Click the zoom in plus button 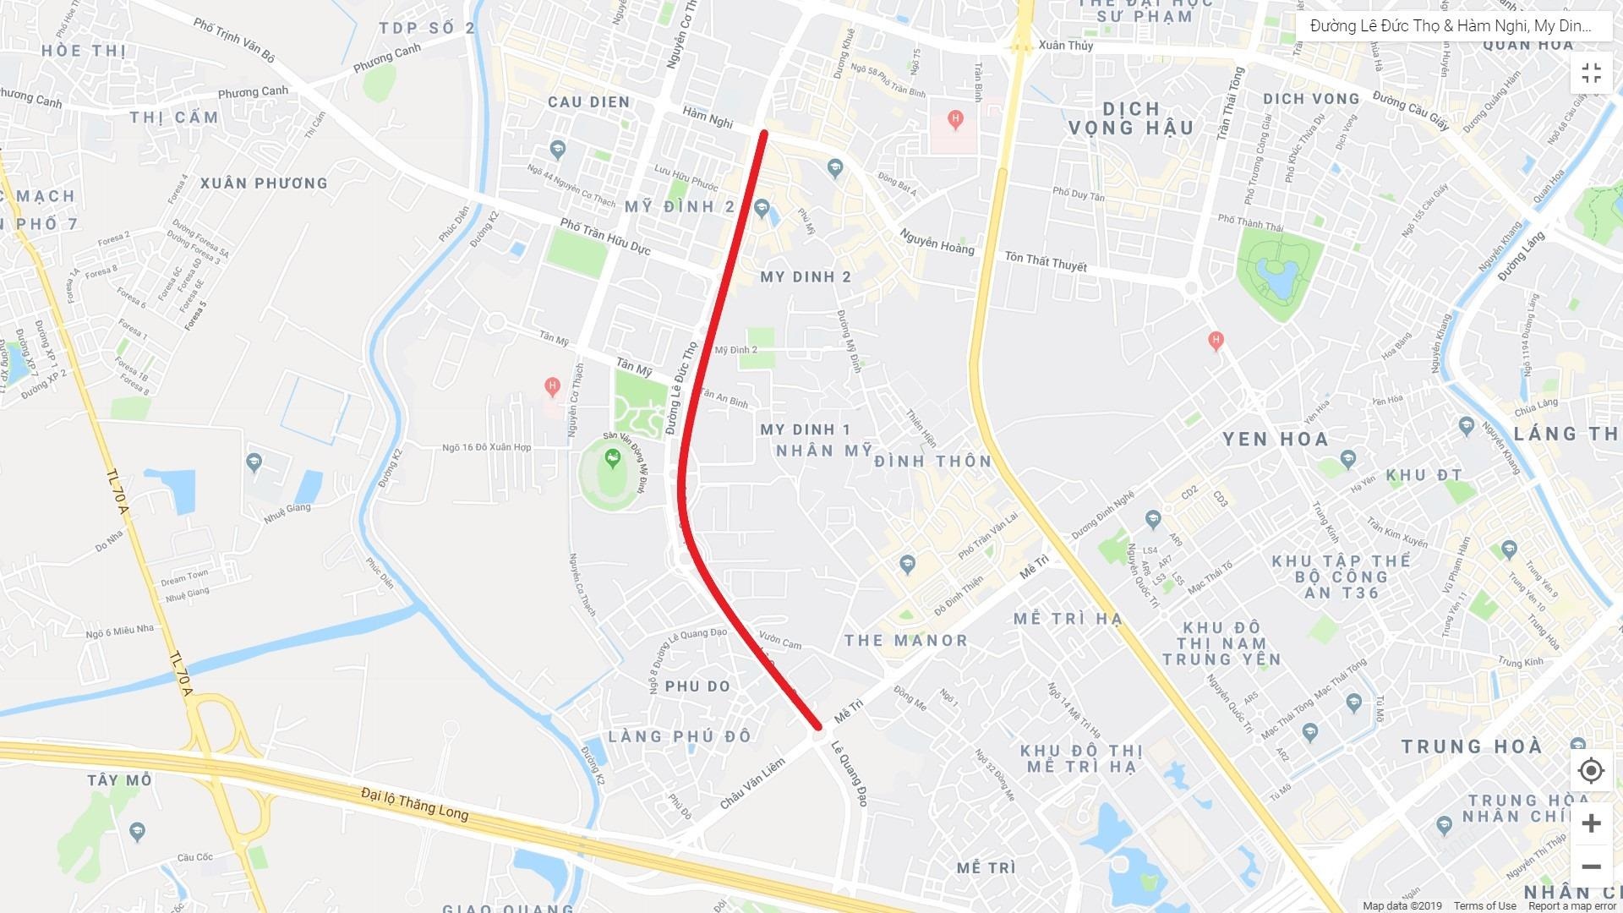tap(1591, 823)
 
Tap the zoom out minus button tap(1591, 867)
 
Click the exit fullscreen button tap(1591, 74)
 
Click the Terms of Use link tap(1485, 906)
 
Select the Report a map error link tap(1571, 906)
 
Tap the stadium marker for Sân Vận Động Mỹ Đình tap(612, 459)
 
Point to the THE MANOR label tap(905, 641)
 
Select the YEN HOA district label tap(1276, 440)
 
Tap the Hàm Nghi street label tap(708, 117)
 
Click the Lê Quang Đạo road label tap(849, 773)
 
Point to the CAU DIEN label tap(588, 102)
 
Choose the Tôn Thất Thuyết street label tap(1046, 261)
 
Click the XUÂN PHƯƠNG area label tap(264, 183)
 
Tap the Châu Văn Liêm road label tap(752, 784)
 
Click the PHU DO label tap(697, 686)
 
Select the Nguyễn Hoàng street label tap(937, 242)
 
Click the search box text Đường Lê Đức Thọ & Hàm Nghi tap(1450, 26)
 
